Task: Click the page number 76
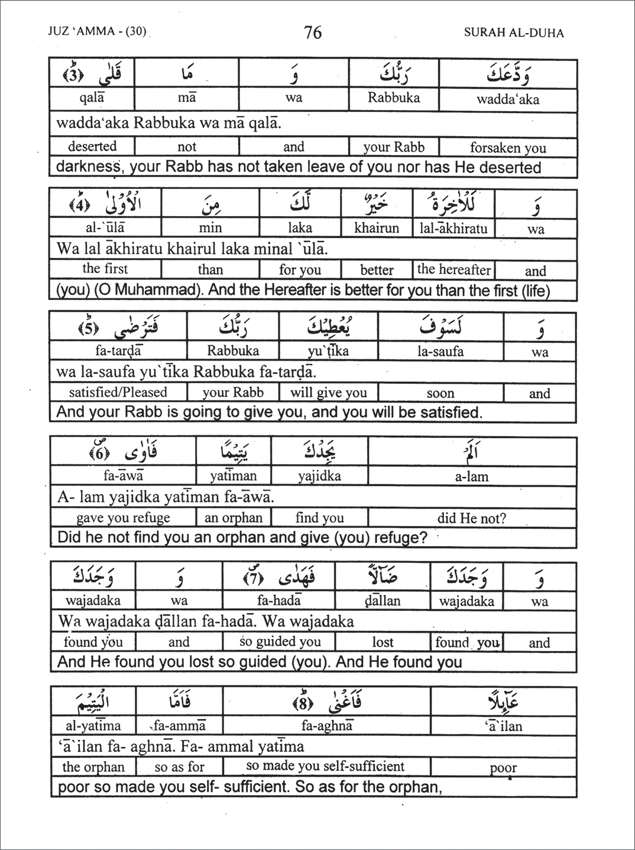tap(313, 32)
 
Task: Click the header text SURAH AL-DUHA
tap(513, 33)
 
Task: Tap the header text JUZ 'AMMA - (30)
tap(97, 31)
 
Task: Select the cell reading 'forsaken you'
tap(508, 147)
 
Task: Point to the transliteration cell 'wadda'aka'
tap(508, 99)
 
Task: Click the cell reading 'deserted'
tap(92, 146)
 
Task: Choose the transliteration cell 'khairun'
tap(377, 228)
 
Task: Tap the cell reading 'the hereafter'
tap(453, 269)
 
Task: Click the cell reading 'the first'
tap(105, 269)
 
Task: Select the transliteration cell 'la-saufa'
tap(440, 352)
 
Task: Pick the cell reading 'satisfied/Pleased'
tap(118, 392)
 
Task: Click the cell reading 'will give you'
tap(328, 393)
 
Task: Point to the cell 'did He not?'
tap(471, 518)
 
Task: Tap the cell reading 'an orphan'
tap(233, 518)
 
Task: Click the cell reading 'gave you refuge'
tap(123, 518)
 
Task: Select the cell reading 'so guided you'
tap(280, 642)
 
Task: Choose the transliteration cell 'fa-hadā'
tap(279, 601)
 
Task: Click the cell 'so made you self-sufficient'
tap(325, 766)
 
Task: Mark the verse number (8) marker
tap(303, 704)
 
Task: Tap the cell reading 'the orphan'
tap(93, 767)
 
